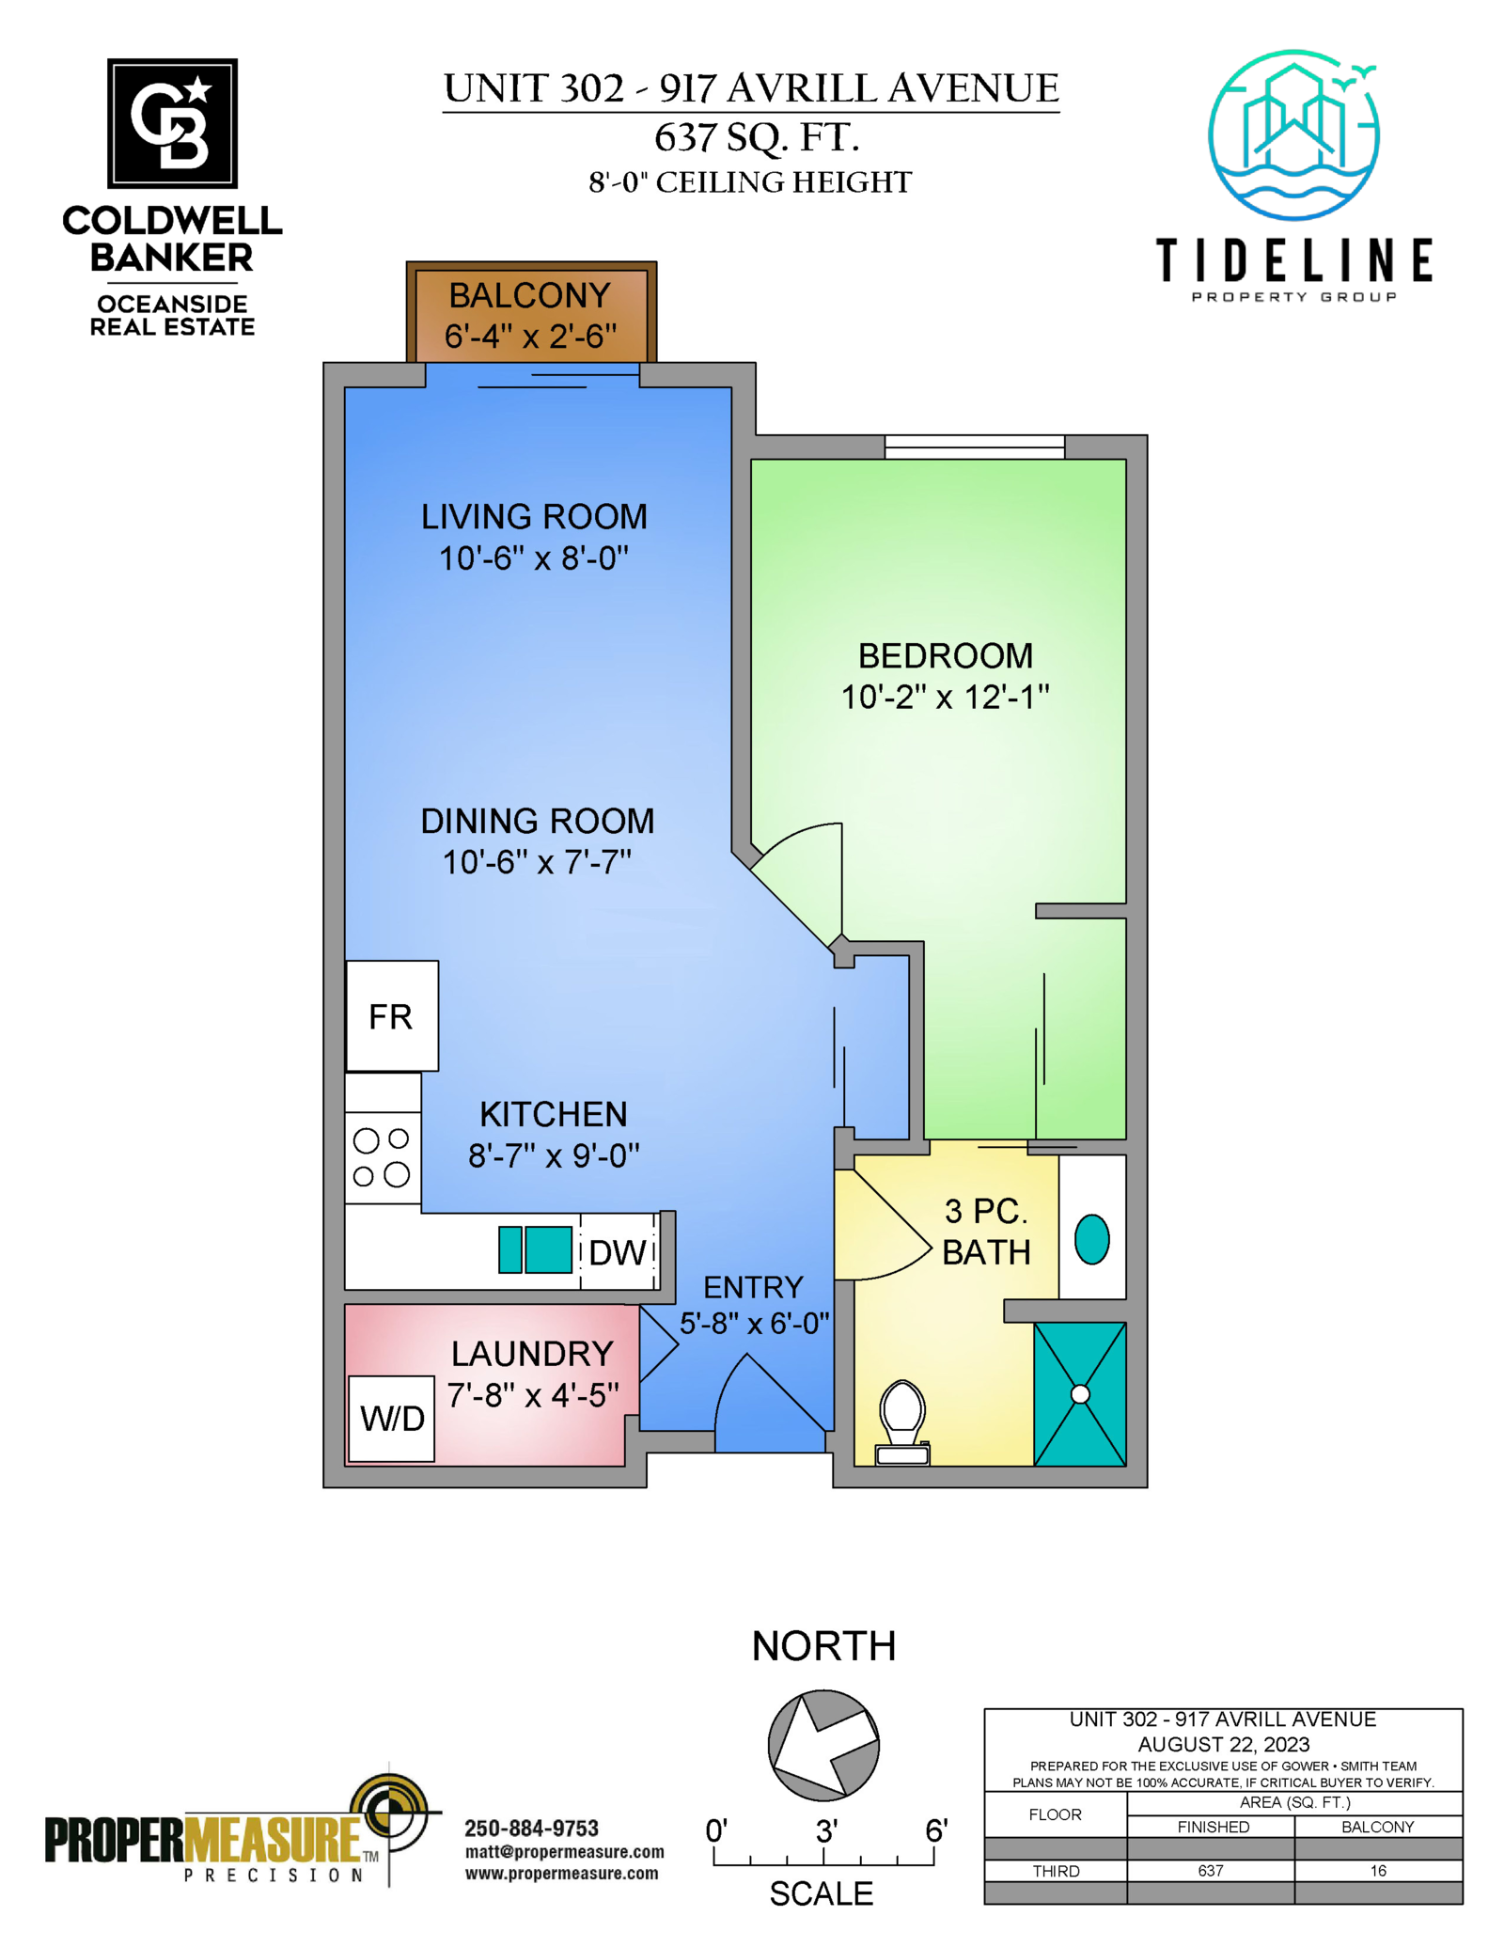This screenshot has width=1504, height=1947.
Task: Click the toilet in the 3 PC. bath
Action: (x=902, y=1421)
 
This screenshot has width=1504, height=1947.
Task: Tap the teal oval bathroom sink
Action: (x=1091, y=1239)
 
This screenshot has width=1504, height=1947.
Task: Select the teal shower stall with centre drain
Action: (x=1080, y=1394)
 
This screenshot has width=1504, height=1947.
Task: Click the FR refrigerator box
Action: (x=392, y=1015)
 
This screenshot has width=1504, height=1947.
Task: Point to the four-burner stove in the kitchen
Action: (x=383, y=1157)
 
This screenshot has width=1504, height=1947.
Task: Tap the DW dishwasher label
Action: (x=618, y=1252)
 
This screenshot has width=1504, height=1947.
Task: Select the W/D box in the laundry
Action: (x=392, y=1419)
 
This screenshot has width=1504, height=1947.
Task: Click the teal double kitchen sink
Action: (x=535, y=1249)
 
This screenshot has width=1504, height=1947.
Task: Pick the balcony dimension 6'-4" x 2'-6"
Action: (x=531, y=336)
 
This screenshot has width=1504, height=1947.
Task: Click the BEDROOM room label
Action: (x=945, y=655)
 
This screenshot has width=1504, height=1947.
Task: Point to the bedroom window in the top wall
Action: (x=974, y=447)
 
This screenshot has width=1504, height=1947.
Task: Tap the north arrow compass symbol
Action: (x=823, y=1745)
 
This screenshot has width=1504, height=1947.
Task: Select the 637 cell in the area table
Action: (x=1211, y=1871)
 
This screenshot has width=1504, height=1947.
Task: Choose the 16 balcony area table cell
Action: (x=1378, y=1871)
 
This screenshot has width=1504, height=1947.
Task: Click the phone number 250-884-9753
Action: (x=531, y=1829)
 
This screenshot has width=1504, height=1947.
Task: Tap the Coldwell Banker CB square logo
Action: (x=172, y=123)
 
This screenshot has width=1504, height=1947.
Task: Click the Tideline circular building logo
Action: (x=1294, y=134)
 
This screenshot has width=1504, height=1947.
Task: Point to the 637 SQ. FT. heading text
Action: (x=757, y=137)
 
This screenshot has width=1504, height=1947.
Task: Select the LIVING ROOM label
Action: (x=534, y=516)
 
